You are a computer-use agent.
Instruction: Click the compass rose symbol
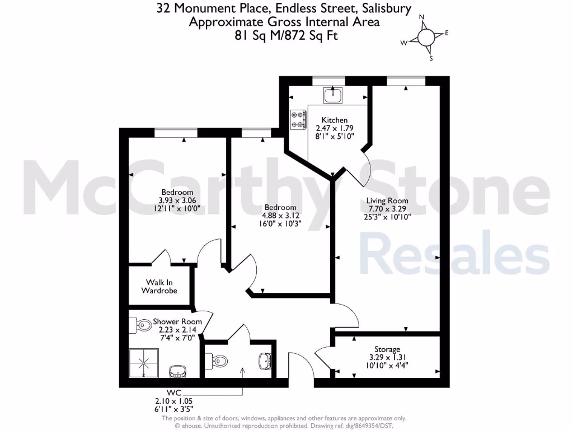click(x=425, y=38)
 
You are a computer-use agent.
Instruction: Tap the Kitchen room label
click(x=335, y=120)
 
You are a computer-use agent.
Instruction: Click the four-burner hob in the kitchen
click(x=298, y=119)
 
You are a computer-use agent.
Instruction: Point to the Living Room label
click(x=387, y=200)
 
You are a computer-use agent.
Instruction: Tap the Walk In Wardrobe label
click(x=159, y=287)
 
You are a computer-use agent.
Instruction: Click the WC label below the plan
click(x=174, y=392)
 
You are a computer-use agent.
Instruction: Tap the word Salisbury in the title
click(x=384, y=8)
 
